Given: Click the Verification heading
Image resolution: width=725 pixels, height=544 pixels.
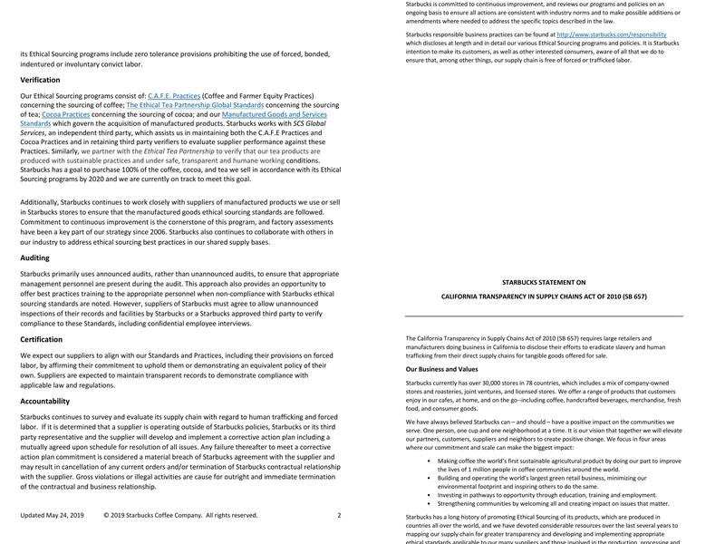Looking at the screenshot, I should pos(40,80).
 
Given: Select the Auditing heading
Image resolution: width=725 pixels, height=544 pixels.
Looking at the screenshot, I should pos(34,257).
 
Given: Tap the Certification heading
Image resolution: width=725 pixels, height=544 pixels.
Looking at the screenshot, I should pos(41,339).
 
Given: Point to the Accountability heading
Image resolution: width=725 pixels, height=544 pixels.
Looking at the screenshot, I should pos(44,401).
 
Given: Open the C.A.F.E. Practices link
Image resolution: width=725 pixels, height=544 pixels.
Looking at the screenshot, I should pos(174,95).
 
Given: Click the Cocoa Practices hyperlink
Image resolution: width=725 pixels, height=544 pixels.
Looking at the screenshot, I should pos(66,114).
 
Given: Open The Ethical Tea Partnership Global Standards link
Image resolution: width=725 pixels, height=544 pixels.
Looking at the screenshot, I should pos(194,105).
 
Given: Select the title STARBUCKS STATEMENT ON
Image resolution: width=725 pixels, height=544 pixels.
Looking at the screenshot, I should pos(544,282).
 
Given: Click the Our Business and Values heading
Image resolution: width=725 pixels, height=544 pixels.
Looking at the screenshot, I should pos(441,369).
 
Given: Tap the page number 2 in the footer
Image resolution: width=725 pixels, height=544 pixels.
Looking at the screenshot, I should pos(339,515).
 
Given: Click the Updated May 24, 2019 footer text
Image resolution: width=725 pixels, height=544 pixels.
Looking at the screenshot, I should pos(52,515).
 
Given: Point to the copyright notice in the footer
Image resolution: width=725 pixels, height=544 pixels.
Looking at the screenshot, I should pos(180,515).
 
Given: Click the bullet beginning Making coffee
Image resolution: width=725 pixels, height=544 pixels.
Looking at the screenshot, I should pos(558,464).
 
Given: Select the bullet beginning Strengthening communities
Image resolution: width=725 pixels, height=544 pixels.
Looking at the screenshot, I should pos(553,503).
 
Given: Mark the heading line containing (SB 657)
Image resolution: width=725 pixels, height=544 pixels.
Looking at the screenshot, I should pos(544,296).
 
